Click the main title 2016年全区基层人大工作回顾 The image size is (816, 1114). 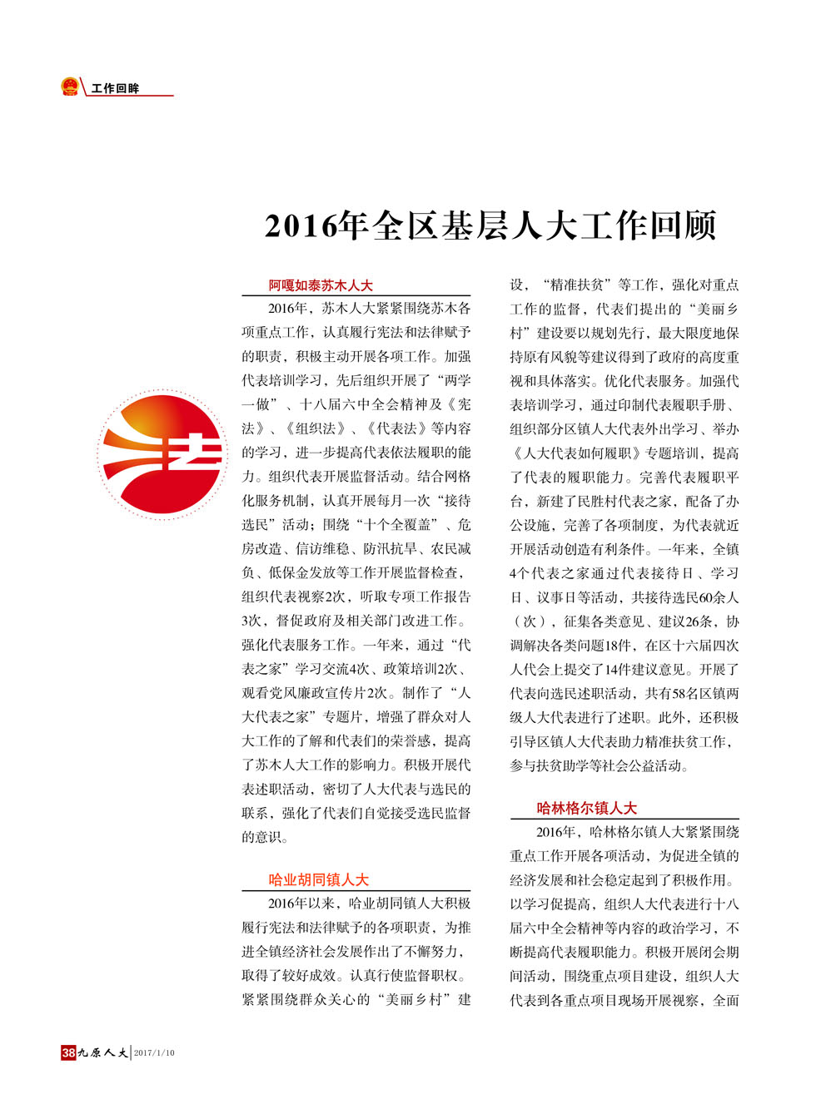490,226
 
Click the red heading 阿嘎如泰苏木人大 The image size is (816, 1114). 321,285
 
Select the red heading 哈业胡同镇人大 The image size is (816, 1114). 318,879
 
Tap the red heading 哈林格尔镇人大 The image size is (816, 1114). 586,808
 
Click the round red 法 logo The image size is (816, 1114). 162,454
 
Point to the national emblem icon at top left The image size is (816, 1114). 70,87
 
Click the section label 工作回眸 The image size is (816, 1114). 116,88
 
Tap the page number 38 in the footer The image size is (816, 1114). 68,1052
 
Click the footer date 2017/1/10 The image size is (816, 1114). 155,1052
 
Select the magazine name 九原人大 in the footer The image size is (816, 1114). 103,1052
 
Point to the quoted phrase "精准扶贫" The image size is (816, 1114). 573,285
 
